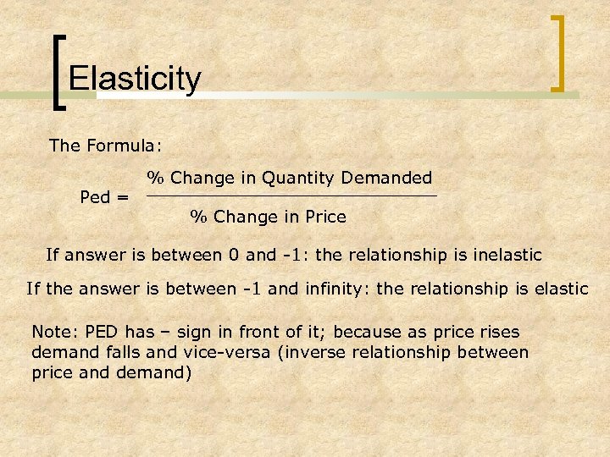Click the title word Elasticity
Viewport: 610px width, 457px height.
pyautogui.click(x=135, y=79)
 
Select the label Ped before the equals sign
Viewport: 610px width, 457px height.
pyautogui.click(x=94, y=197)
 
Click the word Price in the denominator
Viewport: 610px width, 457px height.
pyautogui.click(x=325, y=217)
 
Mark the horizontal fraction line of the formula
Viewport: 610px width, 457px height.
pyautogui.click(x=291, y=196)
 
